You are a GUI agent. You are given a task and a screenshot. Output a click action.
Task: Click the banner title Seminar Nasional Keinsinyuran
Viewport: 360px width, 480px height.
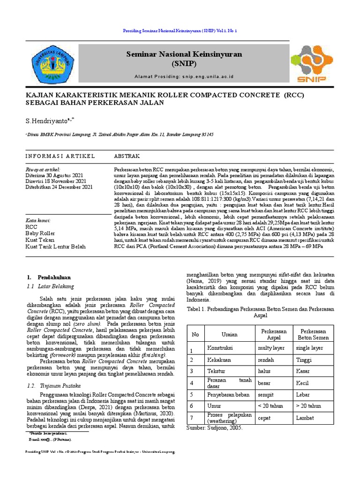tap(184, 54)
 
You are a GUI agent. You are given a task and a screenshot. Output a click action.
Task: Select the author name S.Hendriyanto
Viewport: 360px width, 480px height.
tap(49, 121)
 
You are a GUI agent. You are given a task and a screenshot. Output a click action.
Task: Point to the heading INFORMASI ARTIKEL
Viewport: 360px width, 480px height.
tap(60, 156)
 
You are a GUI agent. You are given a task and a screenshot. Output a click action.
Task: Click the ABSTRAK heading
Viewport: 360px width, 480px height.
tap(127, 156)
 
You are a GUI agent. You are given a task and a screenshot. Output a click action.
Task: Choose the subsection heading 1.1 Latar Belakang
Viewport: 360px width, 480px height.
tap(50, 286)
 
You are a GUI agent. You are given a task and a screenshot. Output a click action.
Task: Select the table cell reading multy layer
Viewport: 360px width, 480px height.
tap(270, 348)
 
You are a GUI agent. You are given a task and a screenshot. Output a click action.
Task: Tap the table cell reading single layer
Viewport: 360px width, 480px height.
tap(309, 348)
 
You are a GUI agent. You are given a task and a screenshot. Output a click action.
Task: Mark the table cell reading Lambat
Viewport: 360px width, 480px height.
tap(306, 417)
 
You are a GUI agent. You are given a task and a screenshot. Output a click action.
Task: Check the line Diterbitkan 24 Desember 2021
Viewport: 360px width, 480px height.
tap(59, 187)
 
